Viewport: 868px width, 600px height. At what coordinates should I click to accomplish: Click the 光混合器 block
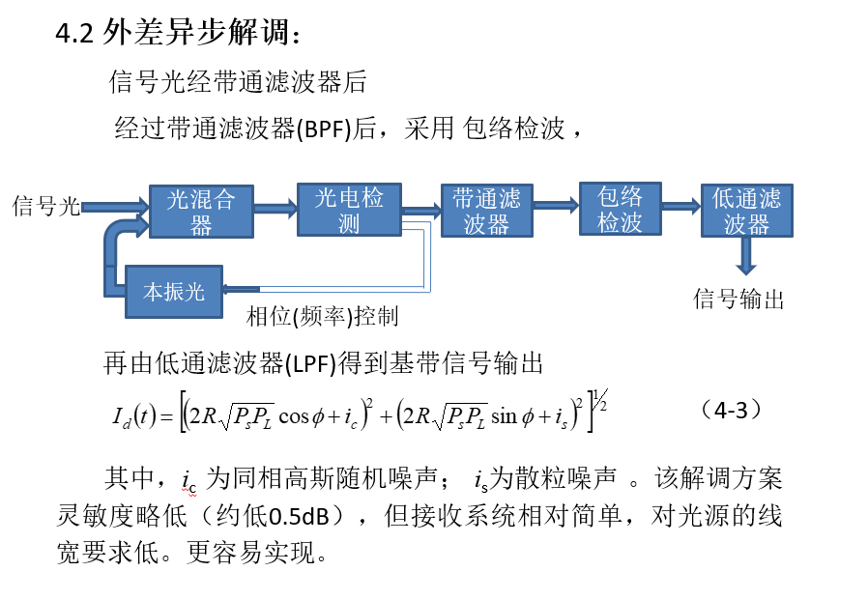coord(201,212)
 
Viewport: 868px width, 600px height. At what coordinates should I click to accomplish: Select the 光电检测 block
coord(349,210)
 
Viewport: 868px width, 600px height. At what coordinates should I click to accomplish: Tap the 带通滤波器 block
coord(487,211)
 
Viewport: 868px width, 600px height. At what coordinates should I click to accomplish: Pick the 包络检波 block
coord(620,209)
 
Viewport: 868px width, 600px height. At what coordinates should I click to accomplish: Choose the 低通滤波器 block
coord(747,211)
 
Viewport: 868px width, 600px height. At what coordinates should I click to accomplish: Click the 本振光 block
coord(174,292)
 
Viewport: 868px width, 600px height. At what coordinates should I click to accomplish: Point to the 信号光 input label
coord(46,206)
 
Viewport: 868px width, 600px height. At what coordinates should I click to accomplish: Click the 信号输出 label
coord(739,299)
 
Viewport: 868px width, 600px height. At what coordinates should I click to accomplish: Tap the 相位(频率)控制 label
coord(322,316)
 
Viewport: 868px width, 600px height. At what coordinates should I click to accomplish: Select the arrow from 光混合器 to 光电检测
coord(275,208)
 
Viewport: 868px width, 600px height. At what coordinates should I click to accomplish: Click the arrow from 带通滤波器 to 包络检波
coord(557,206)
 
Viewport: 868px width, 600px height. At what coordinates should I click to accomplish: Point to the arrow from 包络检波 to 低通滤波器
coord(681,207)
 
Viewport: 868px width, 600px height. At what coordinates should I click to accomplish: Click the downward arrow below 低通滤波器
coord(746,256)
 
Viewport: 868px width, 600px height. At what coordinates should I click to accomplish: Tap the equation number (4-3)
coord(732,411)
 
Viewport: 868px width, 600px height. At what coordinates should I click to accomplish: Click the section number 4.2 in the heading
coord(74,33)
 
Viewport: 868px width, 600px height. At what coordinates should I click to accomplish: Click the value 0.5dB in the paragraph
coord(299,516)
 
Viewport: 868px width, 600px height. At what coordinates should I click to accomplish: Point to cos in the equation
coord(294,416)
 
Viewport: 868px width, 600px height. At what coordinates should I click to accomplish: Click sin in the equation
coord(504,415)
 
